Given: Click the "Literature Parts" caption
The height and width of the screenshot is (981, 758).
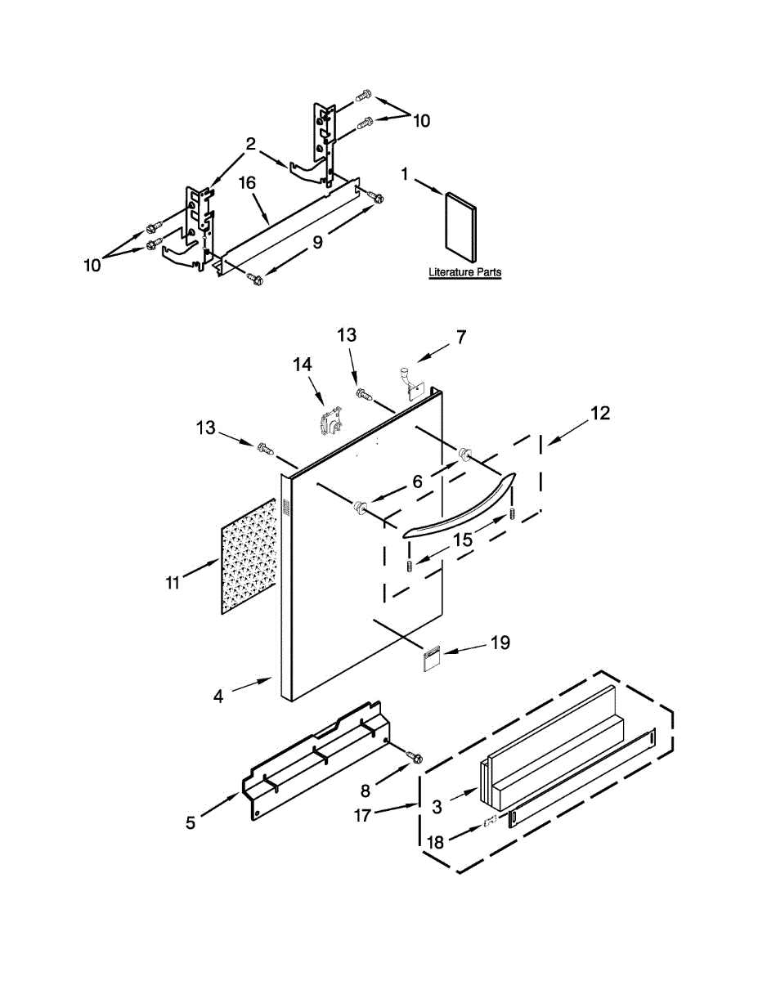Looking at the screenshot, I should point(464,272).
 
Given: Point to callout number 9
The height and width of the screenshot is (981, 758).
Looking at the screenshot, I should point(317,241).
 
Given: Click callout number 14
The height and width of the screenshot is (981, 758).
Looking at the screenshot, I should point(303,365).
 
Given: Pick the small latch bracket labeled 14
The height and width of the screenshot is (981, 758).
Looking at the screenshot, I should point(329,422).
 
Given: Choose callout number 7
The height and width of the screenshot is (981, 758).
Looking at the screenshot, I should point(461,336).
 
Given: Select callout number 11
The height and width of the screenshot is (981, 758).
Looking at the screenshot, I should point(172,582).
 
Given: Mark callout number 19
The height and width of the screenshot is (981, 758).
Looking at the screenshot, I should point(500,643).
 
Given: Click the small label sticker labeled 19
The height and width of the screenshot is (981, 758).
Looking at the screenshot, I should point(433,659).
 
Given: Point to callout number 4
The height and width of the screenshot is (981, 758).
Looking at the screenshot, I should point(218,696).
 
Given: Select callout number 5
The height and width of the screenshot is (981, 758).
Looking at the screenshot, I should point(191,822).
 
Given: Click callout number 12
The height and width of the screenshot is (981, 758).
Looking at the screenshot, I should point(599,414).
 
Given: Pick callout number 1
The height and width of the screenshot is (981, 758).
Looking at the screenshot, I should point(405,173).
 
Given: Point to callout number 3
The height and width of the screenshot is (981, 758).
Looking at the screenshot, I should point(437,806).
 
